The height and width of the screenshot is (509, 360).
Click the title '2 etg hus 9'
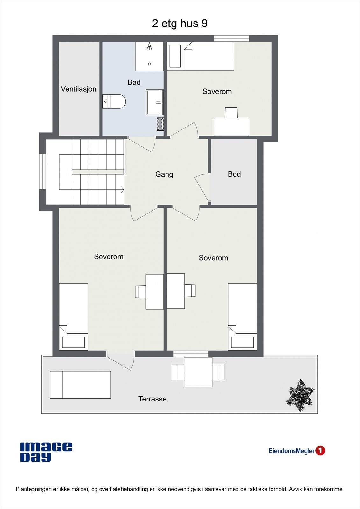point(180,24)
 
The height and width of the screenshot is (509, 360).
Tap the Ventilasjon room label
point(79,89)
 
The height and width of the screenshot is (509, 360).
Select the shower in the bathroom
point(149,56)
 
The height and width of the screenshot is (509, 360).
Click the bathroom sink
point(155,102)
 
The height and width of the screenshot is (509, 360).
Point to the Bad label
point(134,82)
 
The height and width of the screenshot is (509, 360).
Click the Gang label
point(164,174)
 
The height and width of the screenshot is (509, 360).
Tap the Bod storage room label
point(234,174)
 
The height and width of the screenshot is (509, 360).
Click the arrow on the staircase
point(122,190)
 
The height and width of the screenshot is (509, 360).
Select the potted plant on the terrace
point(300,395)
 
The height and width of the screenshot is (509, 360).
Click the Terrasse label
point(152,399)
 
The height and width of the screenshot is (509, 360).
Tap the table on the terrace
point(198,372)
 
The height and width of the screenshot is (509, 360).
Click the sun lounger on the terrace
point(81,385)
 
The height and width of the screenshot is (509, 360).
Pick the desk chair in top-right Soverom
point(231,113)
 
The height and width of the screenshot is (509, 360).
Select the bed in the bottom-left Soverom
point(74,317)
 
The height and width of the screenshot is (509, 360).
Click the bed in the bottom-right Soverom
point(242,317)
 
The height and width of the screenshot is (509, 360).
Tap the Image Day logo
point(46,452)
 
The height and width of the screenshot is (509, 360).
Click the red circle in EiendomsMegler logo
point(320,450)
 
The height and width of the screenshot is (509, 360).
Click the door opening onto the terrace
point(121,361)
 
